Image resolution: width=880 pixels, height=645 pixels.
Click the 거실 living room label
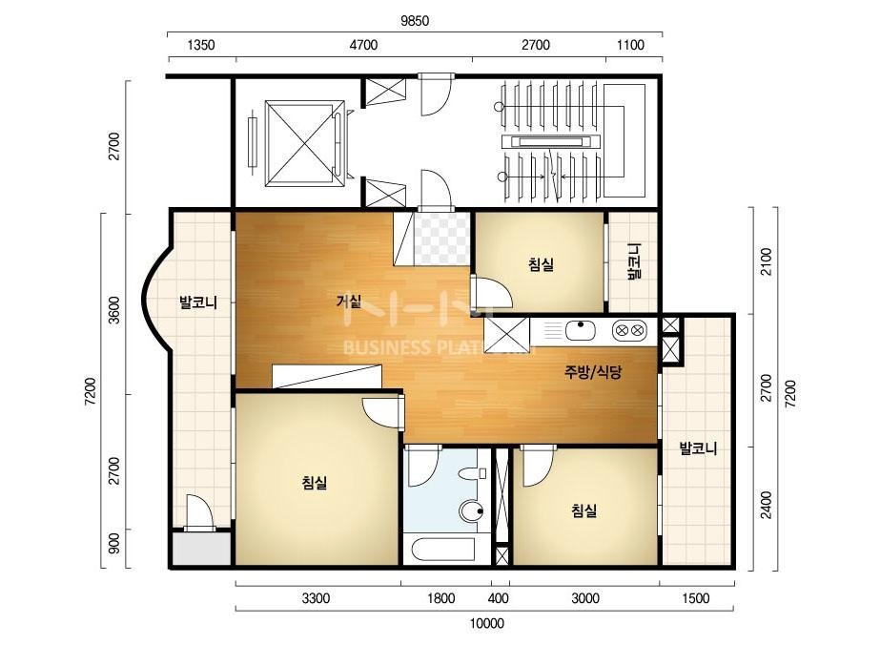348,302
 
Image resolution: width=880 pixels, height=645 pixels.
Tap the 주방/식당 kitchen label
593,372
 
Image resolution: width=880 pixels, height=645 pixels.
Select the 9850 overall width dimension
415,21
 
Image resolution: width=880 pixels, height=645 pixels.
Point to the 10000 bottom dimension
486,623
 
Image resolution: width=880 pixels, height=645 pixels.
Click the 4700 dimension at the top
363,45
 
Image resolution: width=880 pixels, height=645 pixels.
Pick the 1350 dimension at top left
200,45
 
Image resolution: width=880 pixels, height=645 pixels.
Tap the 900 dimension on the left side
113,543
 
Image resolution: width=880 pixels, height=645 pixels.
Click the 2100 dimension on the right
767,261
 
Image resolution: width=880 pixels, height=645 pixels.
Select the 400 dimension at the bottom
499,598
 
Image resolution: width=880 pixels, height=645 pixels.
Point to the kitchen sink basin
580,330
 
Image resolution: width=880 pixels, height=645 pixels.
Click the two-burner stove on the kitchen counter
629,331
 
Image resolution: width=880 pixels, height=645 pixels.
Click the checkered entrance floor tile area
441,239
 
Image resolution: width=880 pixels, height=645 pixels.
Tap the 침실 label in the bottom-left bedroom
315,482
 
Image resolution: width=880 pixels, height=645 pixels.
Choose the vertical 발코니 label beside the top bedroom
634,261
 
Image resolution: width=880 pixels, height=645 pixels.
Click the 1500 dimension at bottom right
696,598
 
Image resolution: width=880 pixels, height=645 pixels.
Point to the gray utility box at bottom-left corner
201,549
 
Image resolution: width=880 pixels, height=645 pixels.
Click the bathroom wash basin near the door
469,473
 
